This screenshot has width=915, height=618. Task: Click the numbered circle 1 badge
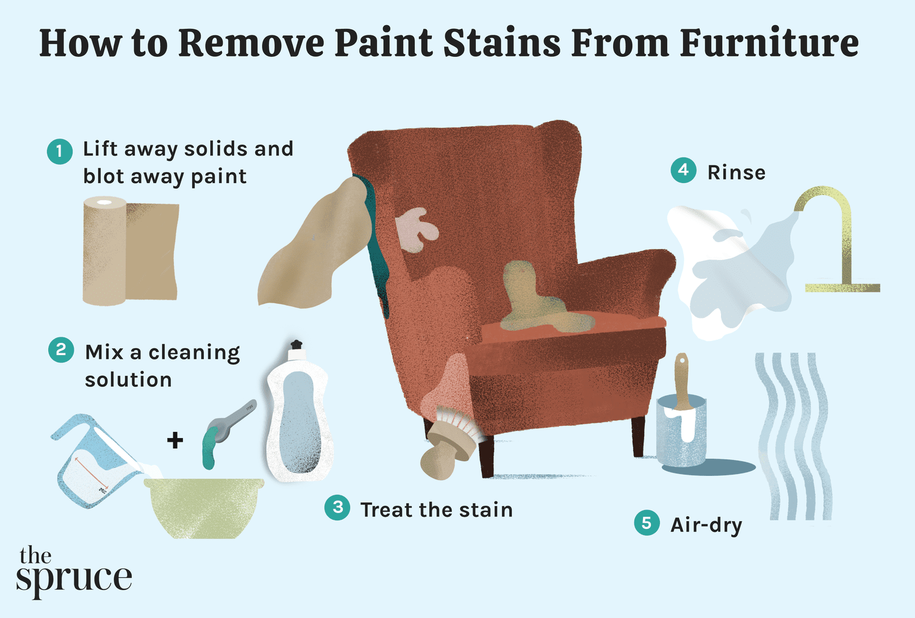[x=60, y=151]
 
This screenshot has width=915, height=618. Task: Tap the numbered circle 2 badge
[x=61, y=350]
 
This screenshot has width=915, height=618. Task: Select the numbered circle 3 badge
[x=337, y=508]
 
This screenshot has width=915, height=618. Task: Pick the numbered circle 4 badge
[x=683, y=170]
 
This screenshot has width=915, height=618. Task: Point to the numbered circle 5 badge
[x=647, y=522]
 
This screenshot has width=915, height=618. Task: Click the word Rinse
[x=736, y=173]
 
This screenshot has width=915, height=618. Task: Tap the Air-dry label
[x=706, y=525]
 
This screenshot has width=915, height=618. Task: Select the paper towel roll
[x=131, y=251]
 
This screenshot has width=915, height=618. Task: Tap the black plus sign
[x=175, y=440]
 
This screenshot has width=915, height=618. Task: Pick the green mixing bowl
[x=204, y=508]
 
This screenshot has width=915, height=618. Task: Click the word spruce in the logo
[x=74, y=579]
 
